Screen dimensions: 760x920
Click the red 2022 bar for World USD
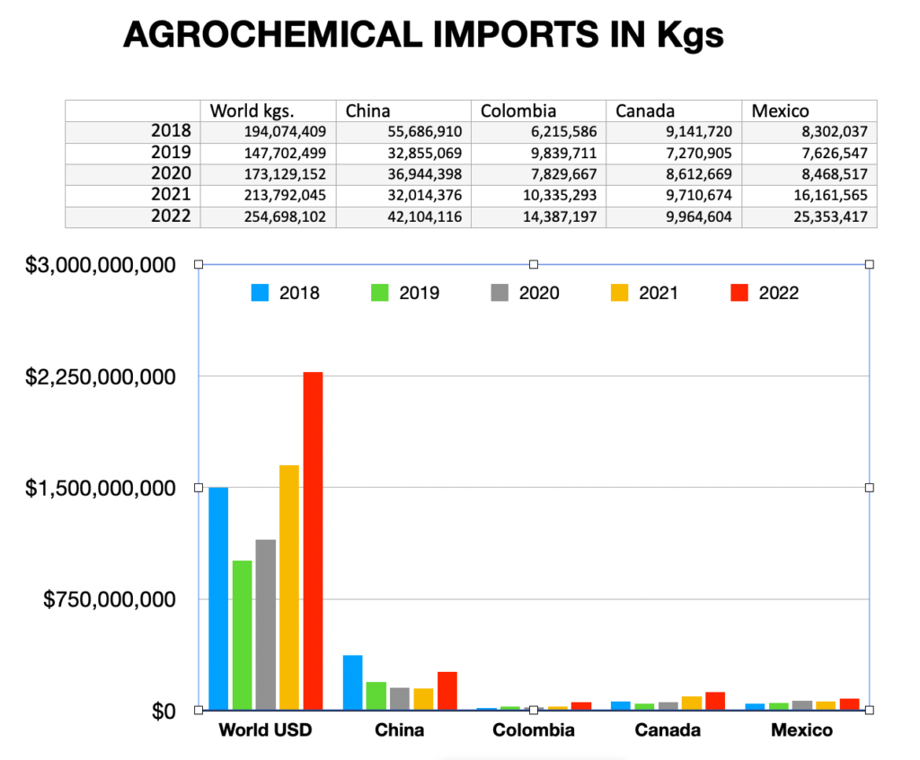pos(313,541)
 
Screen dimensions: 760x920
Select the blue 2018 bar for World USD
pos(218,598)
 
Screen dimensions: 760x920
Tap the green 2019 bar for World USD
pos(243,635)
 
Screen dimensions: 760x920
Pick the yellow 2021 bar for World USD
pos(289,588)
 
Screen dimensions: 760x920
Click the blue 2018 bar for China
pos(353,683)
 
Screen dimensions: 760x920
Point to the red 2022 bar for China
pos(447,691)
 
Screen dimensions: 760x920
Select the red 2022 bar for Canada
pos(715,701)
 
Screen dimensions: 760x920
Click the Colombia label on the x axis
pos(534,730)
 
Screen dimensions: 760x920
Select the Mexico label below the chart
pos(801,730)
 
